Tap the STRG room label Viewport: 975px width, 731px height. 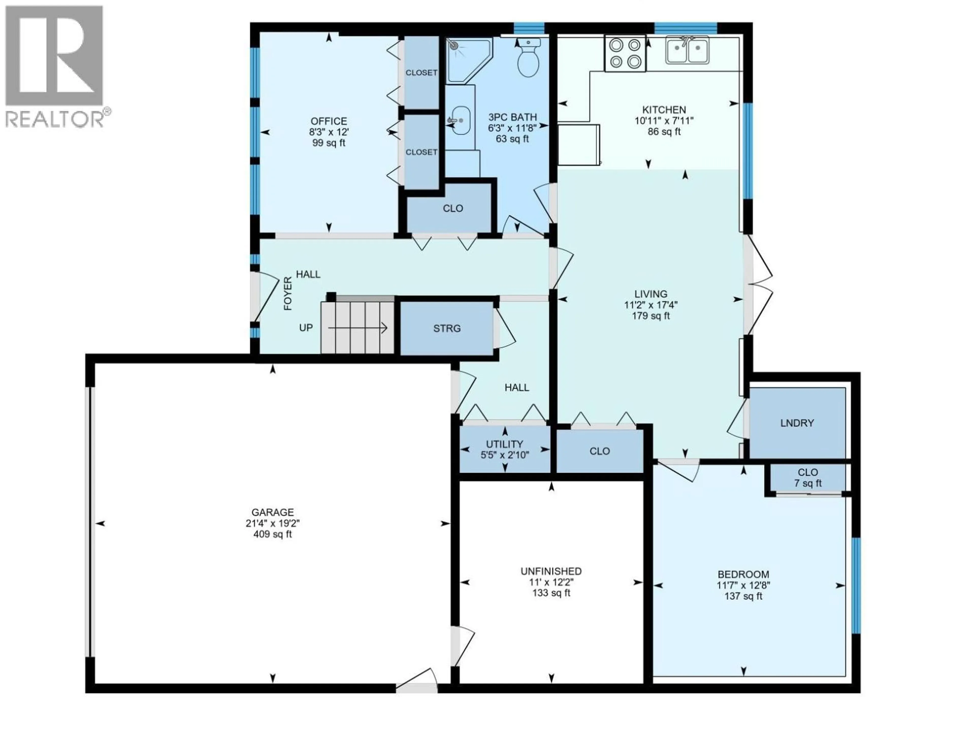[x=447, y=328]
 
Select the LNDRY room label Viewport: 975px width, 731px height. [x=797, y=423]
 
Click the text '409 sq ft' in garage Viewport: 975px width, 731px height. [x=272, y=535]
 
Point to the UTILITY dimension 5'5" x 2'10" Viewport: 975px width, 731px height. [x=505, y=455]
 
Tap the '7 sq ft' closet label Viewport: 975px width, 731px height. [x=808, y=483]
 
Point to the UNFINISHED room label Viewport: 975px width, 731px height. [x=551, y=572]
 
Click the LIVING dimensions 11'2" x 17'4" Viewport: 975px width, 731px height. [x=651, y=305]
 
